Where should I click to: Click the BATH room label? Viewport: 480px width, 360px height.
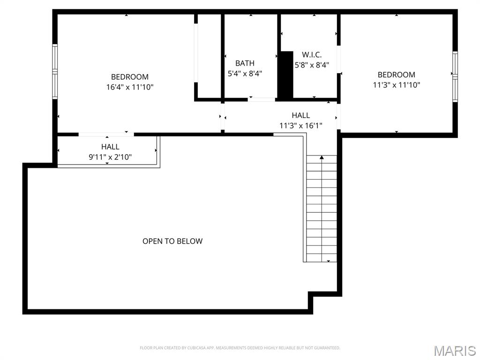[x=245, y=63]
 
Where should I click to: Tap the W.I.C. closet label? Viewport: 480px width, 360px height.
[x=312, y=55]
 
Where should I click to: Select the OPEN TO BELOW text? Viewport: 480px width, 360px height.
[x=172, y=241]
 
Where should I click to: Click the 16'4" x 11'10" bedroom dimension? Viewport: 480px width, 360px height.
[x=130, y=87]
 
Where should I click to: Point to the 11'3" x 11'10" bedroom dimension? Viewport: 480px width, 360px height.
[x=396, y=85]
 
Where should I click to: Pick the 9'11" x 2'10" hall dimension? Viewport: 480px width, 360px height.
[x=110, y=157]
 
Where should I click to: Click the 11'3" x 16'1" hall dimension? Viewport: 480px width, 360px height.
[x=300, y=125]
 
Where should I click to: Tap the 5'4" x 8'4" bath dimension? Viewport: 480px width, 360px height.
[x=245, y=74]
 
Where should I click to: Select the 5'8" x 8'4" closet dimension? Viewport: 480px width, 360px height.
[x=312, y=66]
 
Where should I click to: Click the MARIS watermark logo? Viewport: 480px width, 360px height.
[x=455, y=351]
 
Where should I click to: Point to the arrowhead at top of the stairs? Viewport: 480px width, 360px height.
[x=322, y=157]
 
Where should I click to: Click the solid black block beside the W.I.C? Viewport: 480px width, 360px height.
[x=285, y=75]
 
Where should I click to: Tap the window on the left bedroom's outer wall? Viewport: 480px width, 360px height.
[x=55, y=71]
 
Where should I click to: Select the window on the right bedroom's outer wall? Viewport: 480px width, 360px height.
[x=455, y=76]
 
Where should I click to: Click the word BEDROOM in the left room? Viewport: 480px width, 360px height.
[x=130, y=77]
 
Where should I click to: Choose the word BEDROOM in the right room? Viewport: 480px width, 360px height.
[x=396, y=75]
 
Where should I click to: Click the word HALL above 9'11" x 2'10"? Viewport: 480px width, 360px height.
[x=110, y=147]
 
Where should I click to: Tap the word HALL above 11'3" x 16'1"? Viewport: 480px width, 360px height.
[x=300, y=115]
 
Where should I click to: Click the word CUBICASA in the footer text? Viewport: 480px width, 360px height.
[x=186, y=348]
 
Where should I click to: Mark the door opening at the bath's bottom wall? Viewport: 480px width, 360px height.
[x=262, y=99]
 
